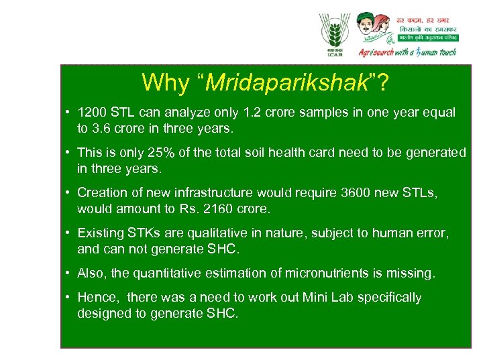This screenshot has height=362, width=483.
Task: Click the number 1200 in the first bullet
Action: (91, 112)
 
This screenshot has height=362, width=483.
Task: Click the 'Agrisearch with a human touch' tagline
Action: (407, 52)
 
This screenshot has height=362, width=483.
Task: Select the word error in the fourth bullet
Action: (431, 233)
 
